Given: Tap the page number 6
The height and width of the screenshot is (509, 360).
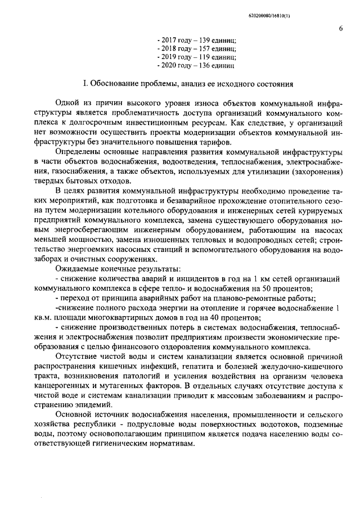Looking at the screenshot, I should click(341, 29).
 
